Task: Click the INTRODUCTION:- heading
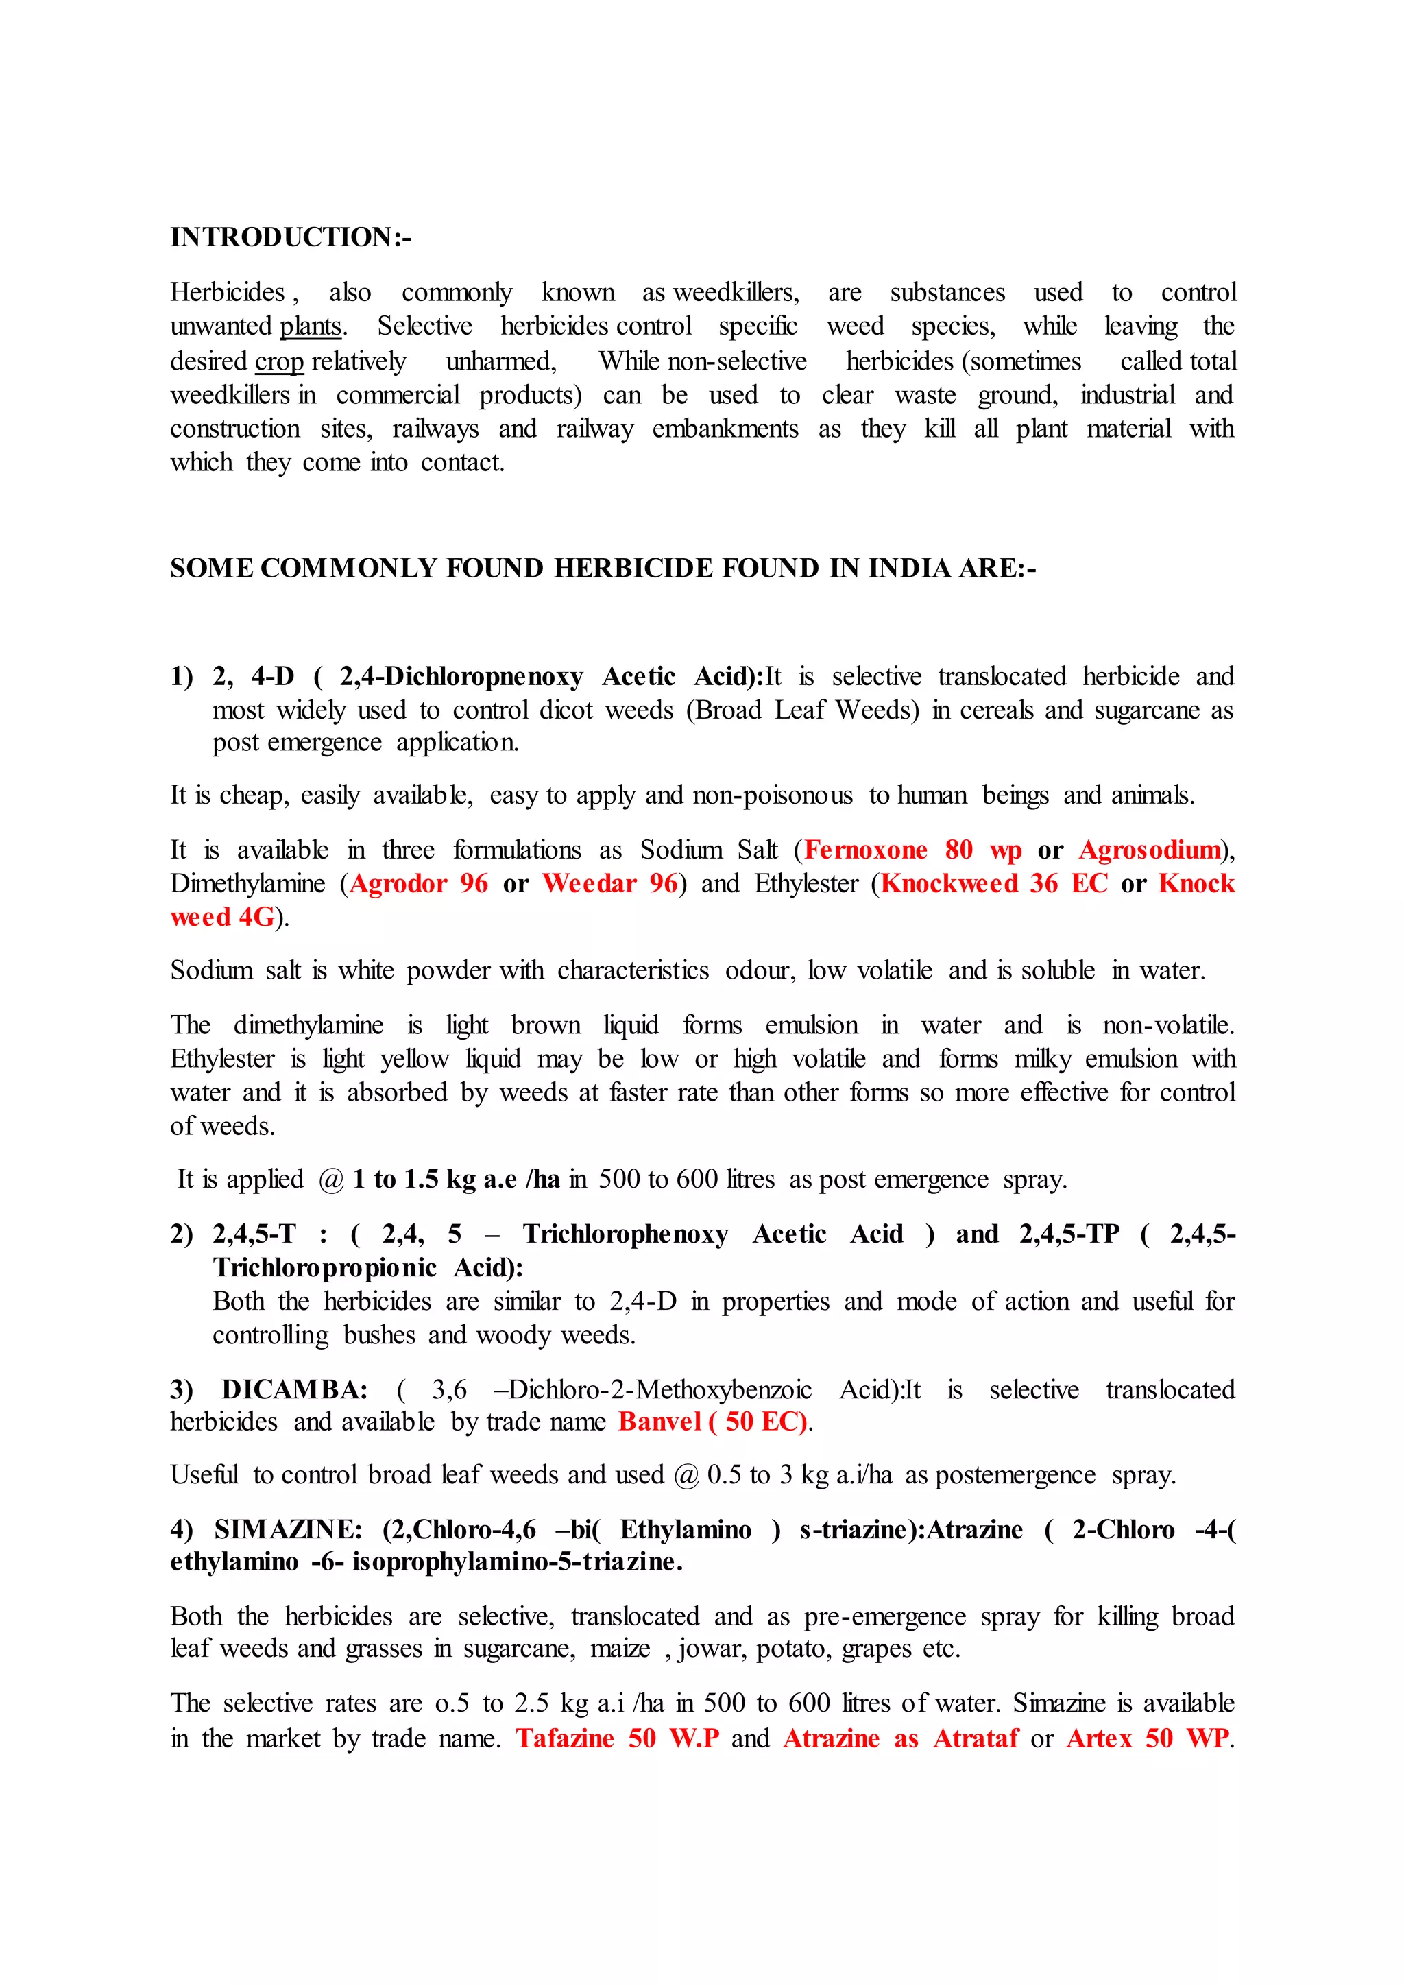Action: click(x=291, y=237)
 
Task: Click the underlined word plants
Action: click(x=311, y=327)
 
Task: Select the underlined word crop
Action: click(x=278, y=361)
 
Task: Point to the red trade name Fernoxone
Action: click(x=865, y=850)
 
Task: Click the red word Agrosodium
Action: click(x=1149, y=850)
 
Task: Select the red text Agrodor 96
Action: click(x=418, y=884)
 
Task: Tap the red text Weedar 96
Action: click(x=609, y=884)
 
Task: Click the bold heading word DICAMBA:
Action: click(x=295, y=1390)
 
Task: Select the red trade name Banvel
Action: click(x=659, y=1422)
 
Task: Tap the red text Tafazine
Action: click(x=564, y=1738)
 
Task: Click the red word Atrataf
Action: click(x=976, y=1738)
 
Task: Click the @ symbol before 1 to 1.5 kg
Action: click(x=331, y=1181)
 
